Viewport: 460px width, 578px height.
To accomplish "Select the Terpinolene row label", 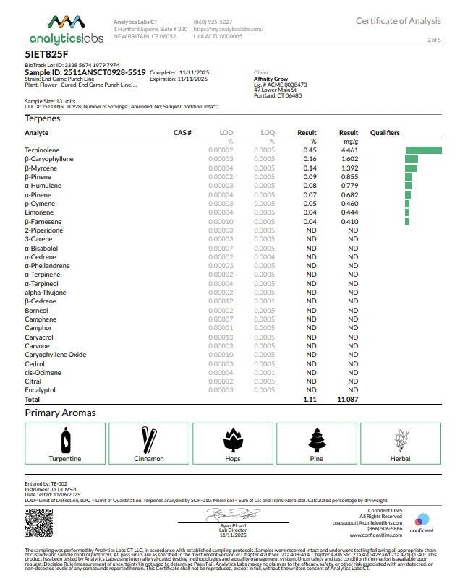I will [42, 150].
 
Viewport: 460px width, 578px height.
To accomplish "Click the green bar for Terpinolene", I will [423, 150].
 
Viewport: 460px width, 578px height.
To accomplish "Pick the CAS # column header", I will [182, 133].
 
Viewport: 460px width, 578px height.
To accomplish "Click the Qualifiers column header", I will [385, 133].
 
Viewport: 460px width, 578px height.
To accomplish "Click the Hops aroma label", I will [232, 459].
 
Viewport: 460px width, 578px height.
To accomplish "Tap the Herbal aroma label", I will [400, 459].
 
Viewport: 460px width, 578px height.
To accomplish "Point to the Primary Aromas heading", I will [60, 413].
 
